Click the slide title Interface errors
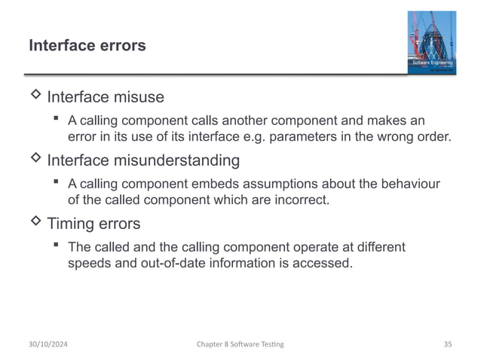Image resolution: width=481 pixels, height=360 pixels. pyautogui.click(x=87, y=46)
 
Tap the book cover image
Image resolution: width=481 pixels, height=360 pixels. pyautogui.click(x=431, y=43)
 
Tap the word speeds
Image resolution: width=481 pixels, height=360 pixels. pyautogui.click(x=89, y=263)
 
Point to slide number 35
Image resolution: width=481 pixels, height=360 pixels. pyautogui.click(x=447, y=344)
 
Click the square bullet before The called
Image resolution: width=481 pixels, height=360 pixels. pyautogui.click(x=56, y=246)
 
